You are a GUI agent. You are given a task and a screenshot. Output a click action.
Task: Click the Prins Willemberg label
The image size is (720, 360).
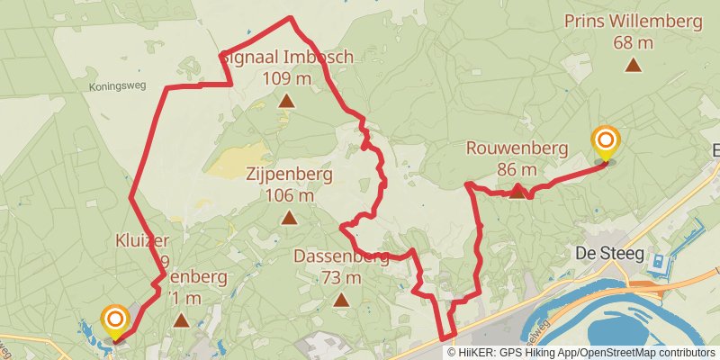pos(634,22)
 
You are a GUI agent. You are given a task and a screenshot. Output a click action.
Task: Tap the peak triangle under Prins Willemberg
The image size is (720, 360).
pos(634,65)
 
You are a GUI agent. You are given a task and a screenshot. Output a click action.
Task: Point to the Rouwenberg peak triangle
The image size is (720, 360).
pos(517,191)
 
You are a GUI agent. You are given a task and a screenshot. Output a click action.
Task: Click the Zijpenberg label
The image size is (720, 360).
pos(289,175)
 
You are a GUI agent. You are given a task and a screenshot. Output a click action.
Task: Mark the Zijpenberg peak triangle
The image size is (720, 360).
pos(289,217)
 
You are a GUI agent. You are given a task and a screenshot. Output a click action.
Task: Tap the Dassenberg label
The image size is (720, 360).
pos(341,257)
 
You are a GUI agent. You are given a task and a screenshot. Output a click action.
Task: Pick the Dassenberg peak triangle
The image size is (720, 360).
pos(341,300)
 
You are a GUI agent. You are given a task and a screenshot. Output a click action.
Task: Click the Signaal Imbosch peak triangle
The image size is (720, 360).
pos(286,101)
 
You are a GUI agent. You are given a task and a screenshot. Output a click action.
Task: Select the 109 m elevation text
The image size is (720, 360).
pos(287,78)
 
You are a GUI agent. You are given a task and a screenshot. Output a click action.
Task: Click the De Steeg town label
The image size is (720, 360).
pos(610,254)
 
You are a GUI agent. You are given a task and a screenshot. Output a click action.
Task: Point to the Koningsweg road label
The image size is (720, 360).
pos(116,87)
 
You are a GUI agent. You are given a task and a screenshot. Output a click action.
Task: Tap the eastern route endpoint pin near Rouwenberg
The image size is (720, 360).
pos(607,143)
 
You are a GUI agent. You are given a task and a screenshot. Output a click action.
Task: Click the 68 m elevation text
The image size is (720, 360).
pos(634,42)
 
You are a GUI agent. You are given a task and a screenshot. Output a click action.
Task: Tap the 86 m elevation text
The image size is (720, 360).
pos(516,169)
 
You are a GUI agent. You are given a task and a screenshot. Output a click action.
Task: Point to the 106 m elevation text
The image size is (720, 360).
pos(289,195)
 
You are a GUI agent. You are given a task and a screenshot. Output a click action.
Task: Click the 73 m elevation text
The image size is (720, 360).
pos(341,278)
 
